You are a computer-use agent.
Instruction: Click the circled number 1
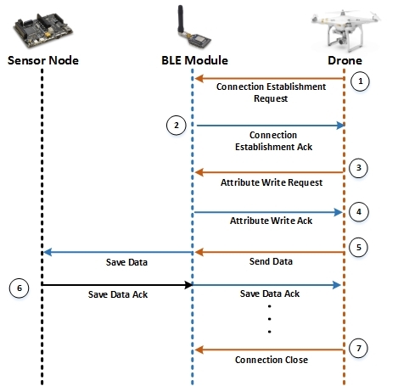[360, 81]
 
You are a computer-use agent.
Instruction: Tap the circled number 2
[177, 126]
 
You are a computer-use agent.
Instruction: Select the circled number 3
[358, 168]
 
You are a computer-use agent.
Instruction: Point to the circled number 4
[359, 212]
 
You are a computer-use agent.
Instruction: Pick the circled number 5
[358, 248]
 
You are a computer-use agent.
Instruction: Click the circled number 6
[20, 288]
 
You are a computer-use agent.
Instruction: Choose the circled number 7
[358, 348]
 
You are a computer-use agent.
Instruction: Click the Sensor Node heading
[43, 60]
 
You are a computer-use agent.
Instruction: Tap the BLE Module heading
[194, 60]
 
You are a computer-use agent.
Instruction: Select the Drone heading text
[345, 60]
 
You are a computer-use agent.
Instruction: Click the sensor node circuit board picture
[43, 31]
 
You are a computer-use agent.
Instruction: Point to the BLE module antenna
[181, 20]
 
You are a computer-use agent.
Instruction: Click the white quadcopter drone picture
[345, 31]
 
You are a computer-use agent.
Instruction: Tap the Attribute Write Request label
[272, 182]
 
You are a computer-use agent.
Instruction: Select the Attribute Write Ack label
[271, 221]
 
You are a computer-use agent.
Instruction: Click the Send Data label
[271, 261]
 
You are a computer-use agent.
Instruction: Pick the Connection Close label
[272, 360]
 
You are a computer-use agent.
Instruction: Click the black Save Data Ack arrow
[117, 285]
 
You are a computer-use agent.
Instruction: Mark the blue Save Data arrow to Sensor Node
[118, 252]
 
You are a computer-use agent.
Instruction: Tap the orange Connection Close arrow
[269, 350]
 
